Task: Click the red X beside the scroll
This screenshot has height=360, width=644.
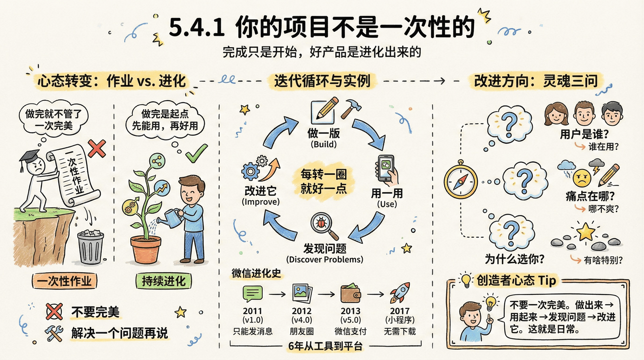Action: [x=97, y=149]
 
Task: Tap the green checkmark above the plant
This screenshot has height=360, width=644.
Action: [x=196, y=153]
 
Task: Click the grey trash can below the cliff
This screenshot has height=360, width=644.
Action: [x=90, y=246]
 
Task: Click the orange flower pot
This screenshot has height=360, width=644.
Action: [x=146, y=249]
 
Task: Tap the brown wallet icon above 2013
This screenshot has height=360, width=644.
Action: [x=351, y=294]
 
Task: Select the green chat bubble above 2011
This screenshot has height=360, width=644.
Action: [x=253, y=294]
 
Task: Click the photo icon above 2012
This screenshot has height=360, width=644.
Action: [x=302, y=293]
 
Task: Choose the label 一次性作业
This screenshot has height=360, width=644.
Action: [x=64, y=281]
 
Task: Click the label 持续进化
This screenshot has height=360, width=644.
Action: [x=163, y=281]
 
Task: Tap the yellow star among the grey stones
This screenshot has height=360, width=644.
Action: [x=586, y=232]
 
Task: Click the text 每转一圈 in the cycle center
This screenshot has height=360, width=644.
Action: [x=323, y=175]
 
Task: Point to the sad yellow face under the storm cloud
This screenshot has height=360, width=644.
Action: [x=582, y=177]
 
